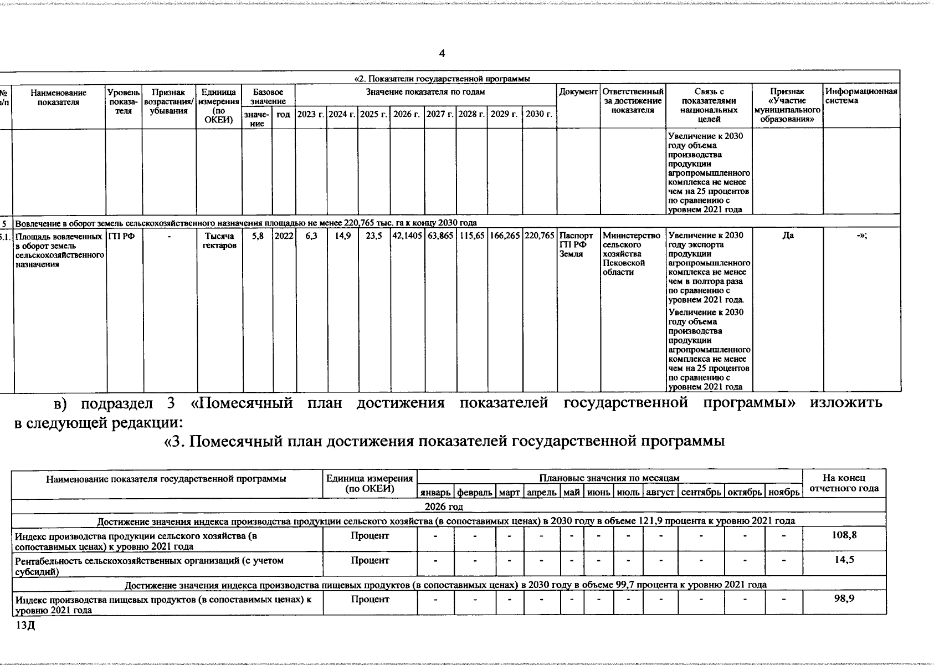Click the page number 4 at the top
tap(442, 54)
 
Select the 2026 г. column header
tap(407, 114)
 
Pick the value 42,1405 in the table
tap(408, 236)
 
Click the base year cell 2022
tap(284, 236)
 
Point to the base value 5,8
tap(257, 236)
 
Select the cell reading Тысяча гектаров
tap(219, 241)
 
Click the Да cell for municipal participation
tap(787, 236)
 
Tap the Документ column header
tap(578, 91)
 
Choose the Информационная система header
tap(861, 96)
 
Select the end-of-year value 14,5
tap(844, 560)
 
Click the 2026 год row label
tap(444, 507)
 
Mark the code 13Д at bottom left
tap(25, 626)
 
